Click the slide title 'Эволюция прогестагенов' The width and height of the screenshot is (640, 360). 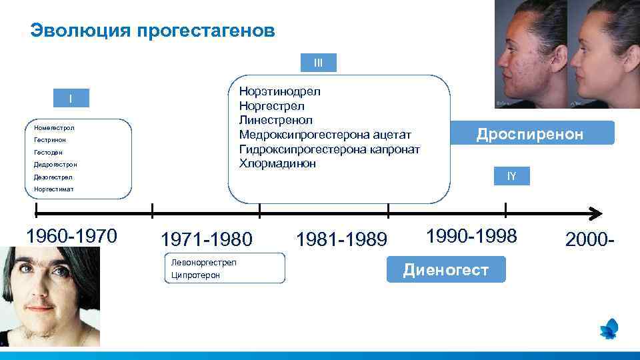pos(153,31)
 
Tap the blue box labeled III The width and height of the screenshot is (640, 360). pos(318,63)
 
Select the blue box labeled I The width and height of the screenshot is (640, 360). pos(71,99)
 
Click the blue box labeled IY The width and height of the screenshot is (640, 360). pos(511,176)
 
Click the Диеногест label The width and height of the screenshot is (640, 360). pos(445,269)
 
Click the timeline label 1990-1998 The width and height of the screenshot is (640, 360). pos(471,235)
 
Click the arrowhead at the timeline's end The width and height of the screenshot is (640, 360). pos(595,213)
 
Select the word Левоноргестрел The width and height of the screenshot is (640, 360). pos(203,262)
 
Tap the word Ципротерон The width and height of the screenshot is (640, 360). pos(195,275)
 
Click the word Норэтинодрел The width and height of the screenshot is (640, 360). pos(279,91)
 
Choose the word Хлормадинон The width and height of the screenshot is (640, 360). pos(277,163)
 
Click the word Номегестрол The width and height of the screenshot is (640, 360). pos(54,127)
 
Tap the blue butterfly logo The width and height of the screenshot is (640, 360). pos(609,329)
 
